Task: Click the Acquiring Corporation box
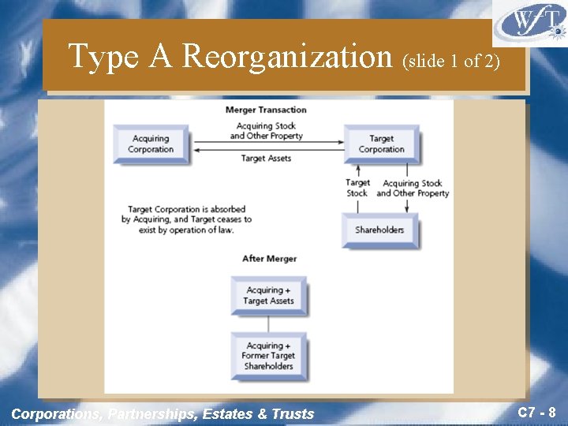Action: pos(151,144)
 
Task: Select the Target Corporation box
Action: pos(381,144)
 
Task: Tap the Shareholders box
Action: pos(379,230)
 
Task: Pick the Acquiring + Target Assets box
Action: pos(268,296)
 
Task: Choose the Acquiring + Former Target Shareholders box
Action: pos(268,356)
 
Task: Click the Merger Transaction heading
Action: pos(266,110)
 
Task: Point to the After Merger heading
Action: pos(269,259)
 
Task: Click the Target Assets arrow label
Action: pos(266,159)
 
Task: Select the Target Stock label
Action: pos(357,188)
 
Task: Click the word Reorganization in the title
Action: pos(287,56)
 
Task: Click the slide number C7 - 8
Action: pos(536,412)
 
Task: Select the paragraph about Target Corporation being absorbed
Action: pos(186,219)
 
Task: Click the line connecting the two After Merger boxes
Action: pos(268,323)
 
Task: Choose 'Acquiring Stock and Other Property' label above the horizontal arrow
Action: pos(266,130)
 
